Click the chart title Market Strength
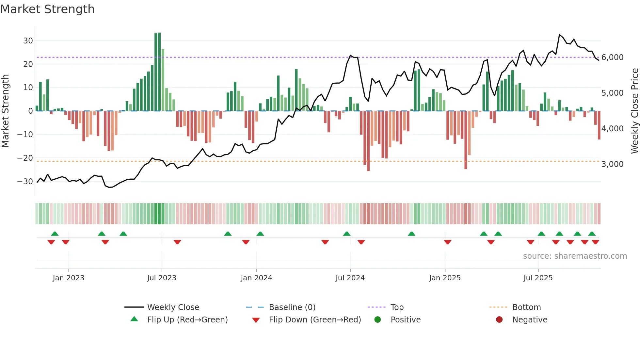pyautogui.click(x=47, y=9)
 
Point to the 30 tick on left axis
pyautogui.click(x=28, y=41)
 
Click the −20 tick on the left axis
pyautogui.click(x=25, y=158)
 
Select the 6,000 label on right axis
pyautogui.click(x=612, y=57)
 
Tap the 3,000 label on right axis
pyautogui.click(x=612, y=164)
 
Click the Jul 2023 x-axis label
pyautogui.click(x=162, y=278)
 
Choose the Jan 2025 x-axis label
pyautogui.click(x=445, y=278)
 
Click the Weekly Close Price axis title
pyautogui.click(x=634, y=111)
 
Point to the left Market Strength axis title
pyautogui.click(x=6, y=111)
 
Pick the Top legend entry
pyautogui.click(x=397, y=307)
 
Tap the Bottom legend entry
pyautogui.click(x=526, y=307)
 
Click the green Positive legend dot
pyautogui.click(x=377, y=320)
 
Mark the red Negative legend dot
pyautogui.click(x=499, y=320)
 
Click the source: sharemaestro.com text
pyautogui.click(x=575, y=256)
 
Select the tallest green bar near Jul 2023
pyautogui.click(x=159, y=72)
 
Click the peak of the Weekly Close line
pyautogui.click(x=559, y=35)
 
